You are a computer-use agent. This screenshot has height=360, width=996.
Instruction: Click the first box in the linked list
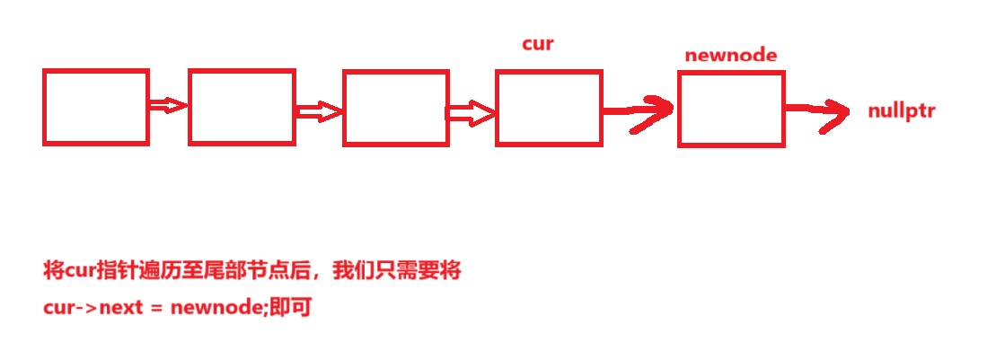tap(95, 107)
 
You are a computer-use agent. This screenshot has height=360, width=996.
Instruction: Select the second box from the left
tap(242, 107)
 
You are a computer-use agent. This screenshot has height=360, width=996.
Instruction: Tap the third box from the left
tap(396, 107)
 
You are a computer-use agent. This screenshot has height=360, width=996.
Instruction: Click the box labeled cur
tap(549, 108)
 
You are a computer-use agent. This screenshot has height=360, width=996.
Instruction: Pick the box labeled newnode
tap(731, 109)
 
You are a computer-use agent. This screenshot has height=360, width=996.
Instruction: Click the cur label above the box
tap(538, 43)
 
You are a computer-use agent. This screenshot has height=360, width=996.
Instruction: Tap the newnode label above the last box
tap(730, 55)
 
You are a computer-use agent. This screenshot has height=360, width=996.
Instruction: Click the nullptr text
tap(901, 112)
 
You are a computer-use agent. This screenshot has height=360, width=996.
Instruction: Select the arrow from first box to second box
tap(168, 105)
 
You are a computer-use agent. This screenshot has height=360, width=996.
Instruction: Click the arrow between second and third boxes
tap(319, 112)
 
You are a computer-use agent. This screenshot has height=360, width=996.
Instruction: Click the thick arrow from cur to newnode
tap(639, 110)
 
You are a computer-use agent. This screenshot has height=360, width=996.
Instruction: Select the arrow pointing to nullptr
tap(819, 110)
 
